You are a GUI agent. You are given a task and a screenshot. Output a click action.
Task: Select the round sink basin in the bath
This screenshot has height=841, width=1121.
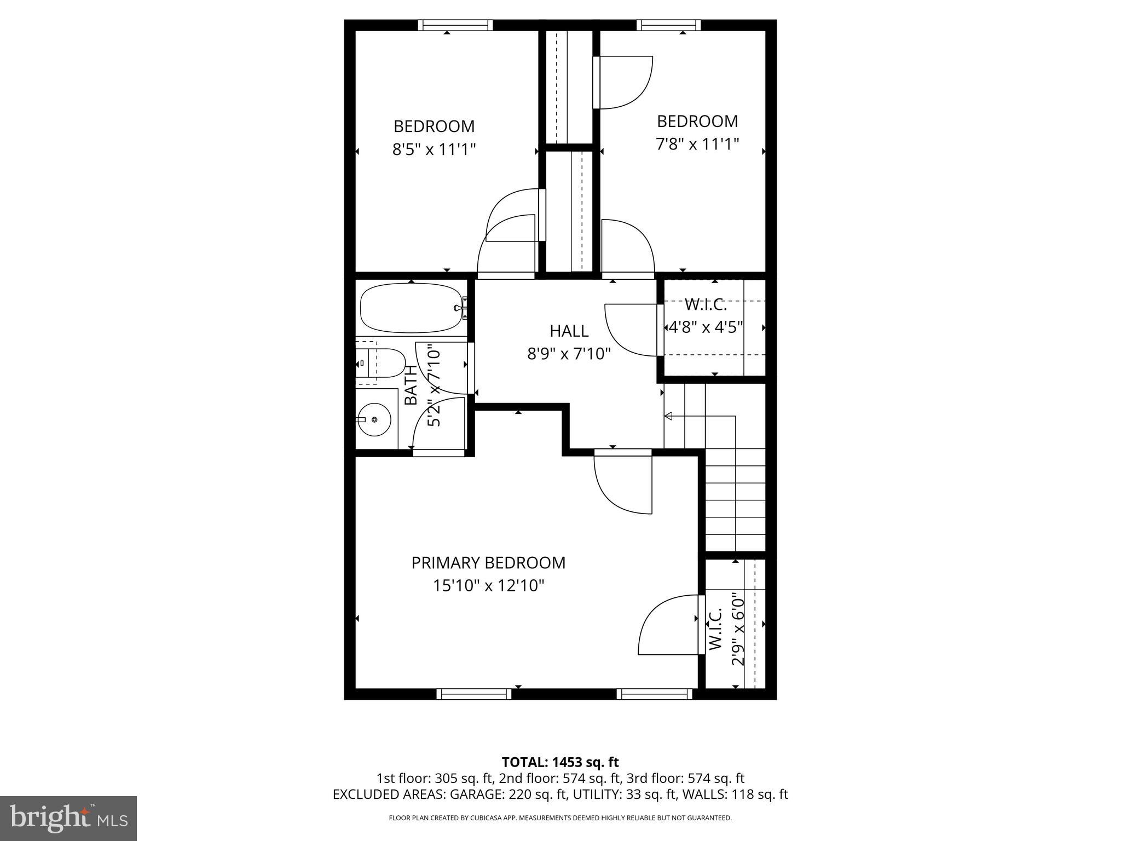pos(374,419)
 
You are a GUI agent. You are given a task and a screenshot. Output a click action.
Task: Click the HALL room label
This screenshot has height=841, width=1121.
pos(569,331)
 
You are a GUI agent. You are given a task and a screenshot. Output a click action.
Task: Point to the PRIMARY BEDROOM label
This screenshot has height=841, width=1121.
pos(488,562)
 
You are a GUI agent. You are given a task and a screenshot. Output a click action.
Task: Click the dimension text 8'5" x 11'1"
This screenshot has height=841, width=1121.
pos(434,149)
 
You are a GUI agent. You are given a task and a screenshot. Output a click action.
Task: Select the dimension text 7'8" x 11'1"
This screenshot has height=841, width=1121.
pos(697,144)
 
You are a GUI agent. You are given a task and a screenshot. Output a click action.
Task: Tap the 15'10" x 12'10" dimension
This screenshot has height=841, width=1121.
pos(488,586)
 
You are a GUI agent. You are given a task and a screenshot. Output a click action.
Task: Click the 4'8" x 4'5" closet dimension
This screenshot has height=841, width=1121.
pos(705,327)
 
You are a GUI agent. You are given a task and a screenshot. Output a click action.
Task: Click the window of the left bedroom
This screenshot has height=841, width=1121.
pos(455,25)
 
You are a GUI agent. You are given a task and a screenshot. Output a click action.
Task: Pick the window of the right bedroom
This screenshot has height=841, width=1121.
pos(668,25)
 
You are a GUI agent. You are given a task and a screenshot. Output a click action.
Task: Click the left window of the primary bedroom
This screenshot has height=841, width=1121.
pos(473,694)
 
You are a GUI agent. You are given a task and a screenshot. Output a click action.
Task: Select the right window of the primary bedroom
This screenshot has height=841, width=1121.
pos(654,694)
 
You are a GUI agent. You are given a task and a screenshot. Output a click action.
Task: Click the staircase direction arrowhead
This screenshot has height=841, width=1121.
pos(668,417)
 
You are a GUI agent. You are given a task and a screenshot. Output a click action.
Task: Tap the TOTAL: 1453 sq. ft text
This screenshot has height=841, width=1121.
pos(560,762)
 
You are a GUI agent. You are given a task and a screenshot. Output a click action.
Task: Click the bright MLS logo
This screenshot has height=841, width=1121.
pos(68,818)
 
